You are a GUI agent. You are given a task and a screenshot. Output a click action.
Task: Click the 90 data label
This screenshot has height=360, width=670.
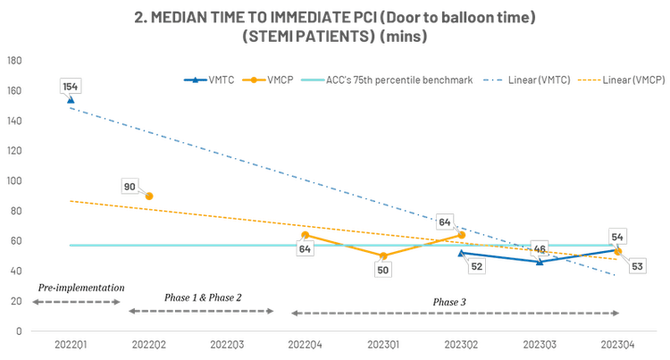click(x=129, y=187)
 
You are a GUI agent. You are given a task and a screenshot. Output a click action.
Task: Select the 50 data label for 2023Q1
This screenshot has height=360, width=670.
click(x=382, y=269)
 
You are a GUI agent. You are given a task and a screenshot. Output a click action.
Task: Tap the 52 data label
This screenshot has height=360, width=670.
click(x=476, y=266)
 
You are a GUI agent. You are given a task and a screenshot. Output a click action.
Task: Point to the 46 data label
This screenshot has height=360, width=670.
click(x=539, y=248)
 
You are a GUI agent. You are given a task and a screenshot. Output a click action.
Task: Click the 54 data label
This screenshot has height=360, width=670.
click(x=617, y=237)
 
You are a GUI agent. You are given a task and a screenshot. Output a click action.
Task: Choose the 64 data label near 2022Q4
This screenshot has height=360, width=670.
click(x=305, y=249)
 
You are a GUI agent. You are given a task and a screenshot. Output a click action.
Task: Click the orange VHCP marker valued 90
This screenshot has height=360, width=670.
click(x=150, y=196)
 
